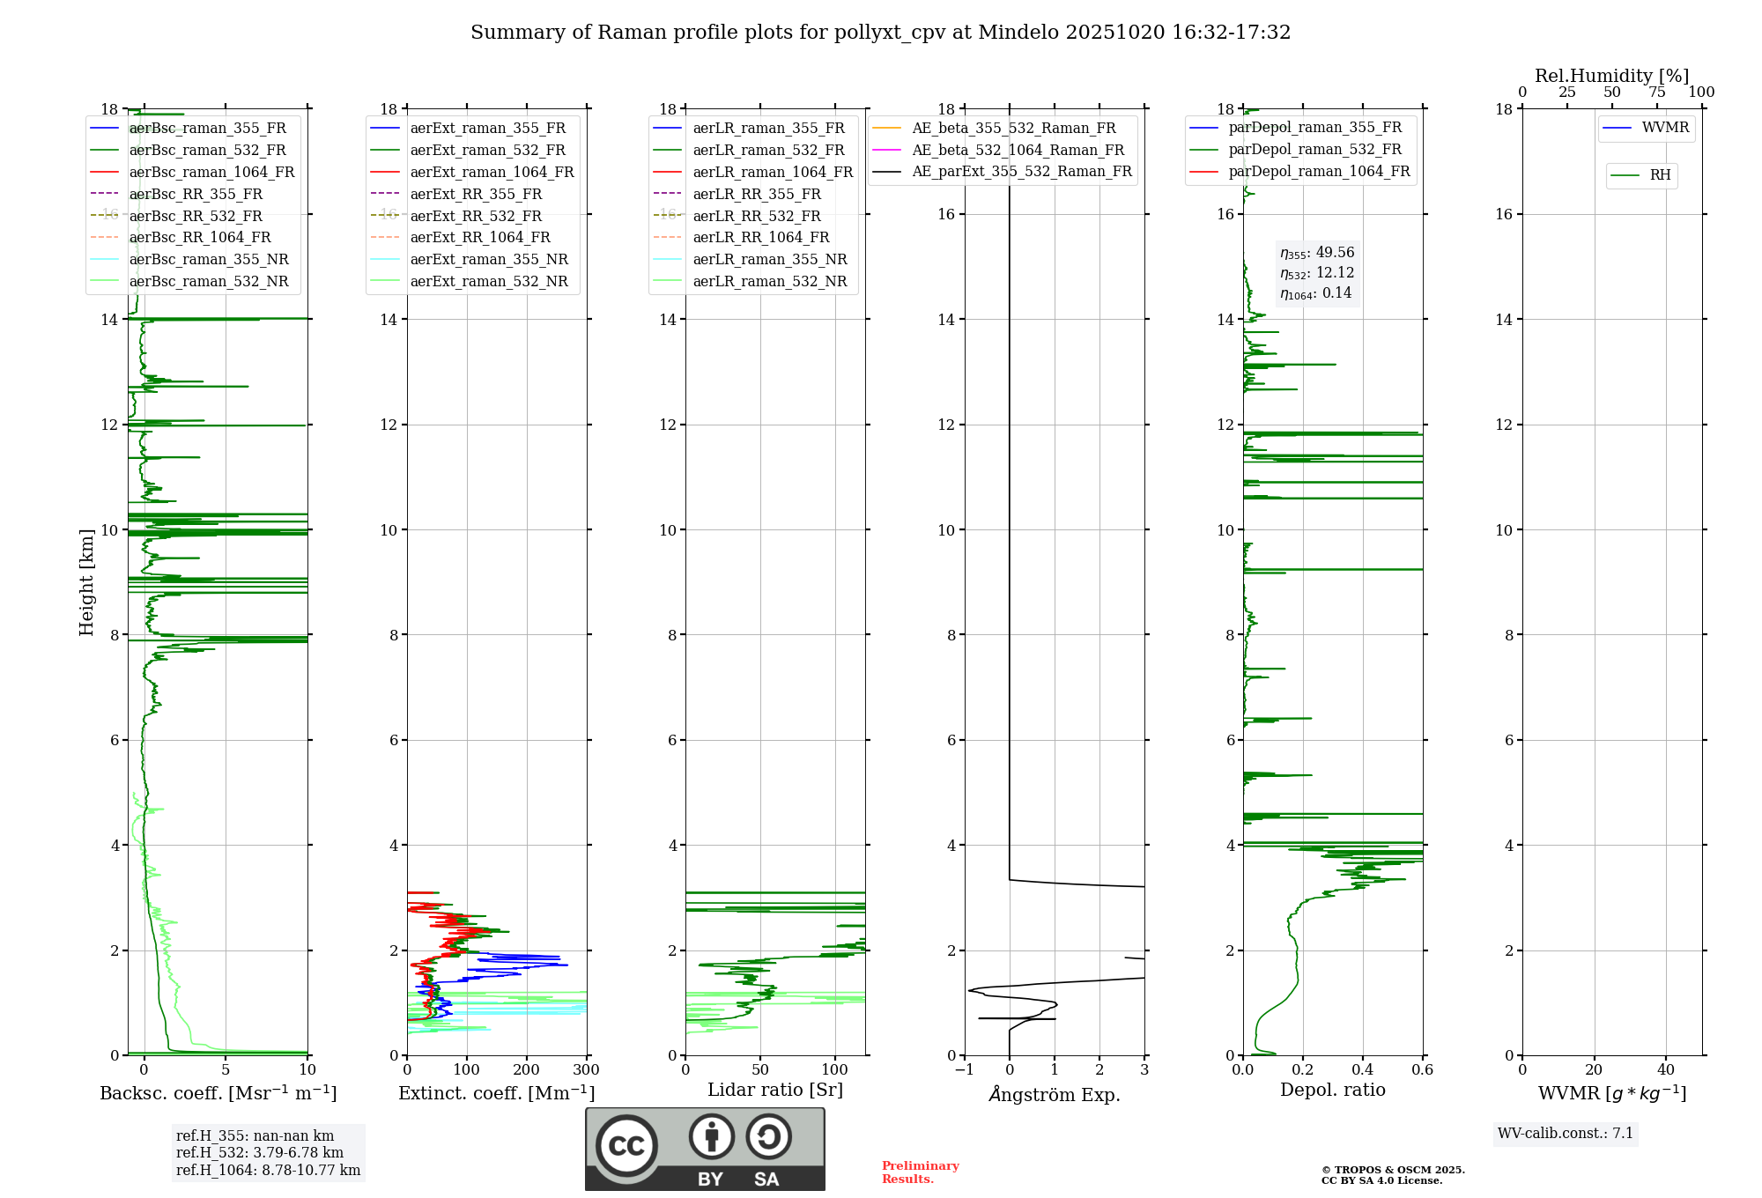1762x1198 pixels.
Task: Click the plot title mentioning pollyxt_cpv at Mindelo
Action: (880, 33)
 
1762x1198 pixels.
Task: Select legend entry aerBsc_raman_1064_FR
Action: (211, 172)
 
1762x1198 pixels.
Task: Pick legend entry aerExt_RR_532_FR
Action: (476, 216)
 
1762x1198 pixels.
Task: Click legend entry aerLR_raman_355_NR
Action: (769, 259)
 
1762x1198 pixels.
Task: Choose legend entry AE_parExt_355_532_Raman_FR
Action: (1022, 171)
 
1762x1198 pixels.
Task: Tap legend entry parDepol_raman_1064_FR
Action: (1319, 171)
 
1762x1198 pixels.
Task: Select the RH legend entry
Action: (1660, 175)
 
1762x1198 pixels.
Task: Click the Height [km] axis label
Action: (86, 581)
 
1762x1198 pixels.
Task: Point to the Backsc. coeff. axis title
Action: (218, 1093)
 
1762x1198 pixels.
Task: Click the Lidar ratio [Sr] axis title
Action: (775, 1090)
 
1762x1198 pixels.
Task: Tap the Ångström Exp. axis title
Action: (1055, 1095)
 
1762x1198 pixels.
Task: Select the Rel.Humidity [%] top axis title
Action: (1611, 76)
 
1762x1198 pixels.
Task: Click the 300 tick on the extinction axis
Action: (586, 1070)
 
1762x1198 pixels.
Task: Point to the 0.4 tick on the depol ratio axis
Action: (1363, 1070)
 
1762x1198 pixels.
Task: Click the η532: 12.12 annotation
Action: (1317, 273)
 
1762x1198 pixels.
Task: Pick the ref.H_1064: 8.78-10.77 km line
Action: (268, 1170)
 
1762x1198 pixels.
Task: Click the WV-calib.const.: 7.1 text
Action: (1566, 1133)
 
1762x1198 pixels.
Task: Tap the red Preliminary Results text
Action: (920, 1172)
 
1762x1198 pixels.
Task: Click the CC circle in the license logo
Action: (626, 1146)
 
